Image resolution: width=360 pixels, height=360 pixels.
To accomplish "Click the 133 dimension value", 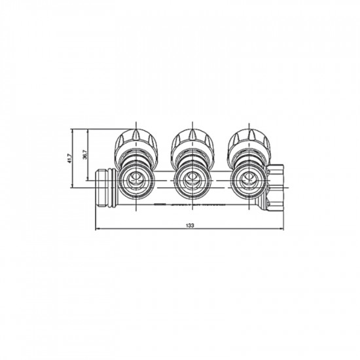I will point(190,225).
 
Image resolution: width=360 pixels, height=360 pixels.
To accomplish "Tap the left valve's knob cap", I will point(135,139).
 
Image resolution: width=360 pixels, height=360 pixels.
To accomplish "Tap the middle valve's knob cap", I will point(191,139).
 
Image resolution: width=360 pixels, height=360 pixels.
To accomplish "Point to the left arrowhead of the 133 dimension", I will point(98,229).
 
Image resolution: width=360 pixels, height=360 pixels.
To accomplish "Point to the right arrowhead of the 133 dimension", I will point(282,229).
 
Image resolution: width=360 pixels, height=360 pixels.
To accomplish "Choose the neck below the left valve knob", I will point(135,158).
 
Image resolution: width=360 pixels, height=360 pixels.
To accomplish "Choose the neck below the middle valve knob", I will point(191,158).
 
